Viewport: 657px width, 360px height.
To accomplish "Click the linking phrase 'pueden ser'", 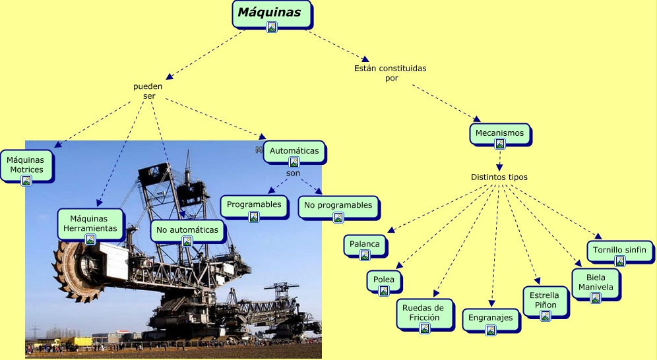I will point(148,91).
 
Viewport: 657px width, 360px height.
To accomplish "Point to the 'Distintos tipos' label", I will point(499,177).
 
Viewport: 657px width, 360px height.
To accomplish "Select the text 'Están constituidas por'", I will point(391,73).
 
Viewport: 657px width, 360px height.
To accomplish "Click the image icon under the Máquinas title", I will point(272,27).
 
